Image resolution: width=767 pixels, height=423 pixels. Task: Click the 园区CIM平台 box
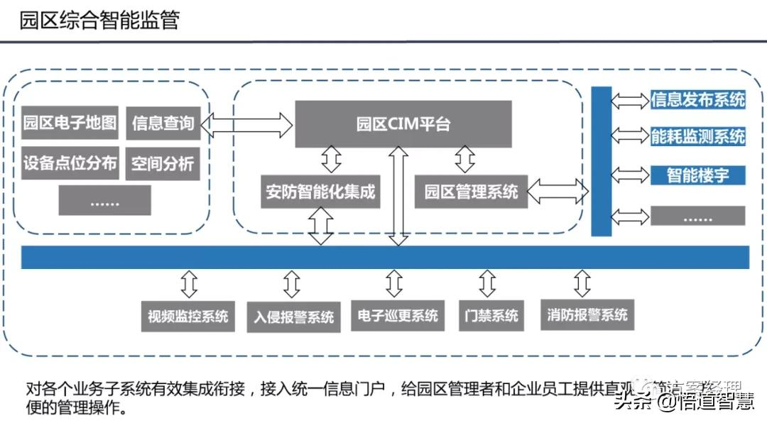(403, 124)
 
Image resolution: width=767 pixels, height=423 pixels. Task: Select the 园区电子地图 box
(70, 123)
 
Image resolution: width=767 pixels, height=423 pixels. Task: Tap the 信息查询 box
(163, 123)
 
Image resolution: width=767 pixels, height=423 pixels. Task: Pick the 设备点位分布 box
(70, 164)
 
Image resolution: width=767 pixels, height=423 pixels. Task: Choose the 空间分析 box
(163, 164)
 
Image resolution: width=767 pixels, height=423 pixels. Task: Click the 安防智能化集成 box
(320, 191)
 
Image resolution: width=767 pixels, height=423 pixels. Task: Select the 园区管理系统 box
(471, 191)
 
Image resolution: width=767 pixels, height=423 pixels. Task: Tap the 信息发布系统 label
(697, 100)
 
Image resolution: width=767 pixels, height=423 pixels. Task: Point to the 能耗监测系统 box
(697, 136)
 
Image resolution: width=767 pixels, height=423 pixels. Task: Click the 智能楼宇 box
(697, 175)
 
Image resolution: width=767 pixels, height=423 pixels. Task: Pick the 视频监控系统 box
(188, 316)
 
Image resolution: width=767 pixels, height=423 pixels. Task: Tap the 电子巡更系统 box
(398, 316)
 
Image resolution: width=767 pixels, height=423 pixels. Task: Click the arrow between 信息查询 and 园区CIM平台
(246, 125)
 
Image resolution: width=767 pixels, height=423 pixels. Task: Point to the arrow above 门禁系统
(487, 284)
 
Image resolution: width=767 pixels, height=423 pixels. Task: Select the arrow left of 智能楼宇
(629, 175)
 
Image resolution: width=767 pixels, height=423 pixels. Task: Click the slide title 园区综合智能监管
(99, 21)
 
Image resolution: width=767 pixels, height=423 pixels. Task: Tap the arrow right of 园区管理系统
(559, 189)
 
